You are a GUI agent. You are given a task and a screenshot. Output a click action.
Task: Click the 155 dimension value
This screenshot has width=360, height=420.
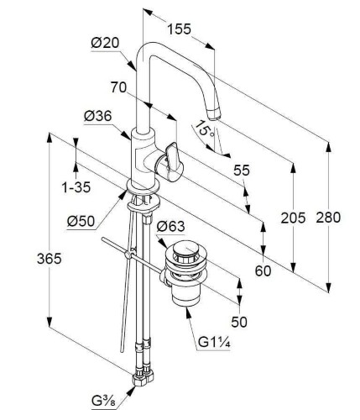tap(179, 29)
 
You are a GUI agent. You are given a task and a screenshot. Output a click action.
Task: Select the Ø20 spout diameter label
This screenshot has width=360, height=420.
tap(105, 43)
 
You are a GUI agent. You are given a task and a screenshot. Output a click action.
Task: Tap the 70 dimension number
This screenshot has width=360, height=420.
tap(118, 87)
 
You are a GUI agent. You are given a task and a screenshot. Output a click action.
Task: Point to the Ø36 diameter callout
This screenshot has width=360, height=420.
tap(97, 116)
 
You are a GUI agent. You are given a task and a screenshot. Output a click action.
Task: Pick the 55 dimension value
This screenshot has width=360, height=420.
tap(242, 170)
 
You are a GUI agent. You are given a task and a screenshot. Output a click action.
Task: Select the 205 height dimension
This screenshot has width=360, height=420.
tap(293, 218)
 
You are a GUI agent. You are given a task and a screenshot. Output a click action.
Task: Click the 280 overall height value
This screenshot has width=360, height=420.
tap(328, 218)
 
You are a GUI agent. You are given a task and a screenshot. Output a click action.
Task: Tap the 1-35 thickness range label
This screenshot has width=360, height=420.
tap(76, 187)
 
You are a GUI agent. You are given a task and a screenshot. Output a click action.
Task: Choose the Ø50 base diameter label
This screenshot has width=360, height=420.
tap(81, 222)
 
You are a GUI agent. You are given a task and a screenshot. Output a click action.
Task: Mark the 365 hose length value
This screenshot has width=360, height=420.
tap(50, 259)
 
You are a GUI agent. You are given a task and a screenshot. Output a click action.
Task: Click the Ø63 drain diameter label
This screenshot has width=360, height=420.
tap(170, 226)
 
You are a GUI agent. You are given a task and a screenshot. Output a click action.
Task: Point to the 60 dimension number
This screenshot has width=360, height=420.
tap(263, 270)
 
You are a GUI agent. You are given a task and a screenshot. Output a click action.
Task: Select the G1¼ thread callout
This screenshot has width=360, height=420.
tap(214, 342)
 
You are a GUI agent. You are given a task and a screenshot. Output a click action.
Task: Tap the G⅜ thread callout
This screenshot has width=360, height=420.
tap(103, 402)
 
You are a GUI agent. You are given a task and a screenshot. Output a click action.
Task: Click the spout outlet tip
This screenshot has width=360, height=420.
tap(214, 115)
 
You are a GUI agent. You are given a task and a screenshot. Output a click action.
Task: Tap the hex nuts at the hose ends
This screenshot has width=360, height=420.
tap(143, 377)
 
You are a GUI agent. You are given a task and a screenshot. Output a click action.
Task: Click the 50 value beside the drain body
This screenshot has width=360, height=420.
tap(239, 322)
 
